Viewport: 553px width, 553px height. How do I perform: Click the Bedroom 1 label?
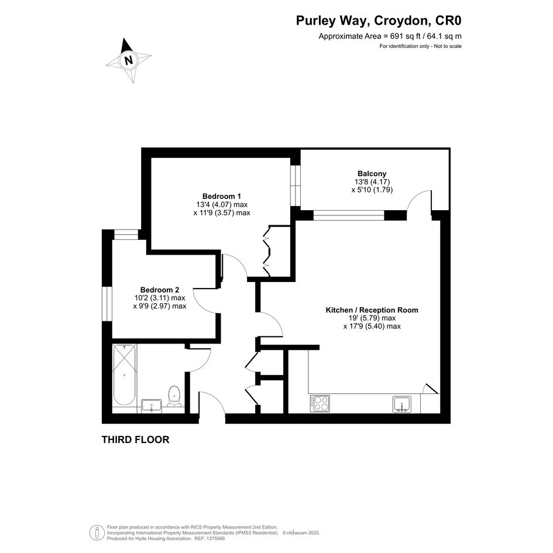click(221, 196)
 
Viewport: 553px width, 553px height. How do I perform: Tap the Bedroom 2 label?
click(159, 290)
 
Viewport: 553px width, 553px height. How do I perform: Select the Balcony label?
click(372, 174)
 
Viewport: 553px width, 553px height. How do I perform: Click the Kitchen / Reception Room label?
click(372, 310)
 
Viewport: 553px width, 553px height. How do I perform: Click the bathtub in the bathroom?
click(124, 375)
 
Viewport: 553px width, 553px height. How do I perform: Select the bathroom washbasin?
click(152, 406)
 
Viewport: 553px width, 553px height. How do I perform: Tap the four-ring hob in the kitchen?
click(320, 403)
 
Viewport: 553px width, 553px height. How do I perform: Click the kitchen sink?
click(401, 404)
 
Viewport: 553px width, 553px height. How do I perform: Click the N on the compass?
click(129, 60)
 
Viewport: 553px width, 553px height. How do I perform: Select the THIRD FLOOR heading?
click(135, 439)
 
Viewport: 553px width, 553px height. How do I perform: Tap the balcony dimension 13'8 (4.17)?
click(372, 182)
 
